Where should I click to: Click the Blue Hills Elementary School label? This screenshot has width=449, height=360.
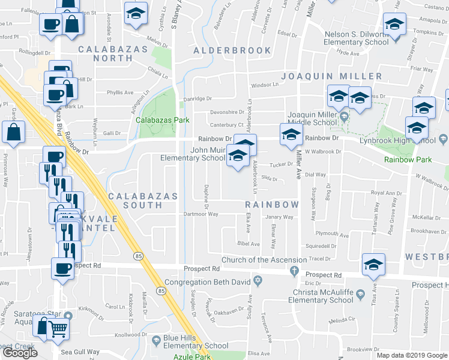(x=196, y=342)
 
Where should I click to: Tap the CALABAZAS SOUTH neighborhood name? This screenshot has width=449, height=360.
(x=143, y=201)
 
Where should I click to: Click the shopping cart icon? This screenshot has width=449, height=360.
(x=58, y=327)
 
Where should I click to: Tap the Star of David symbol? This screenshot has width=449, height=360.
(x=259, y=281)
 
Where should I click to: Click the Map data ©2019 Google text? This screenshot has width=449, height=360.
(x=411, y=355)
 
